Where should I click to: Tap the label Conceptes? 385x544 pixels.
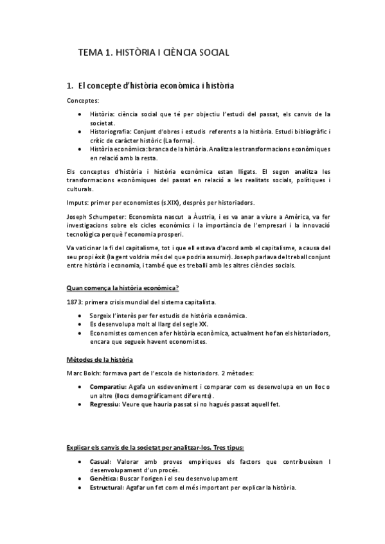pyautogui.click(x=83, y=101)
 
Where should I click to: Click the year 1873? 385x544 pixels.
pyautogui.click(x=74, y=302)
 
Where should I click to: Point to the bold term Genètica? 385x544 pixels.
pyautogui.click(x=104, y=479)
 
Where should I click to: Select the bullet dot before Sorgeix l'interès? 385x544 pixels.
pyautogui.click(x=79, y=316)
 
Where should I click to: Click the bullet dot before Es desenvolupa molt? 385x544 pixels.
pyautogui.click(x=79, y=325)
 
